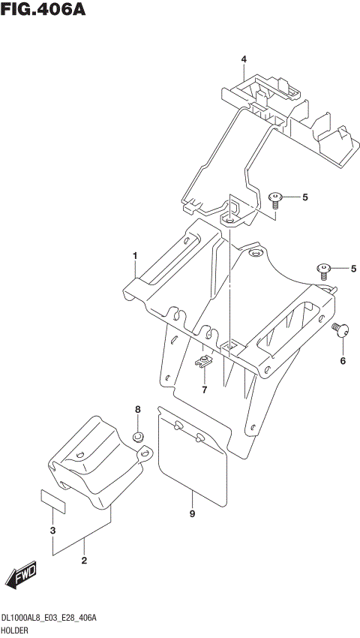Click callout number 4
(243, 59)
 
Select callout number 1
(135, 256)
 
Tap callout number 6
(343, 361)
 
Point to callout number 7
(202, 390)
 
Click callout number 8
(137, 410)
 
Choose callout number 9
(192, 513)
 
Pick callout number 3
(52, 531)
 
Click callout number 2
(84, 560)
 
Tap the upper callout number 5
(305, 197)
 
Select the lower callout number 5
(353, 269)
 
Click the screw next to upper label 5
(276, 198)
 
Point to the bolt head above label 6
(339, 330)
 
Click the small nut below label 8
(137, 437)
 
